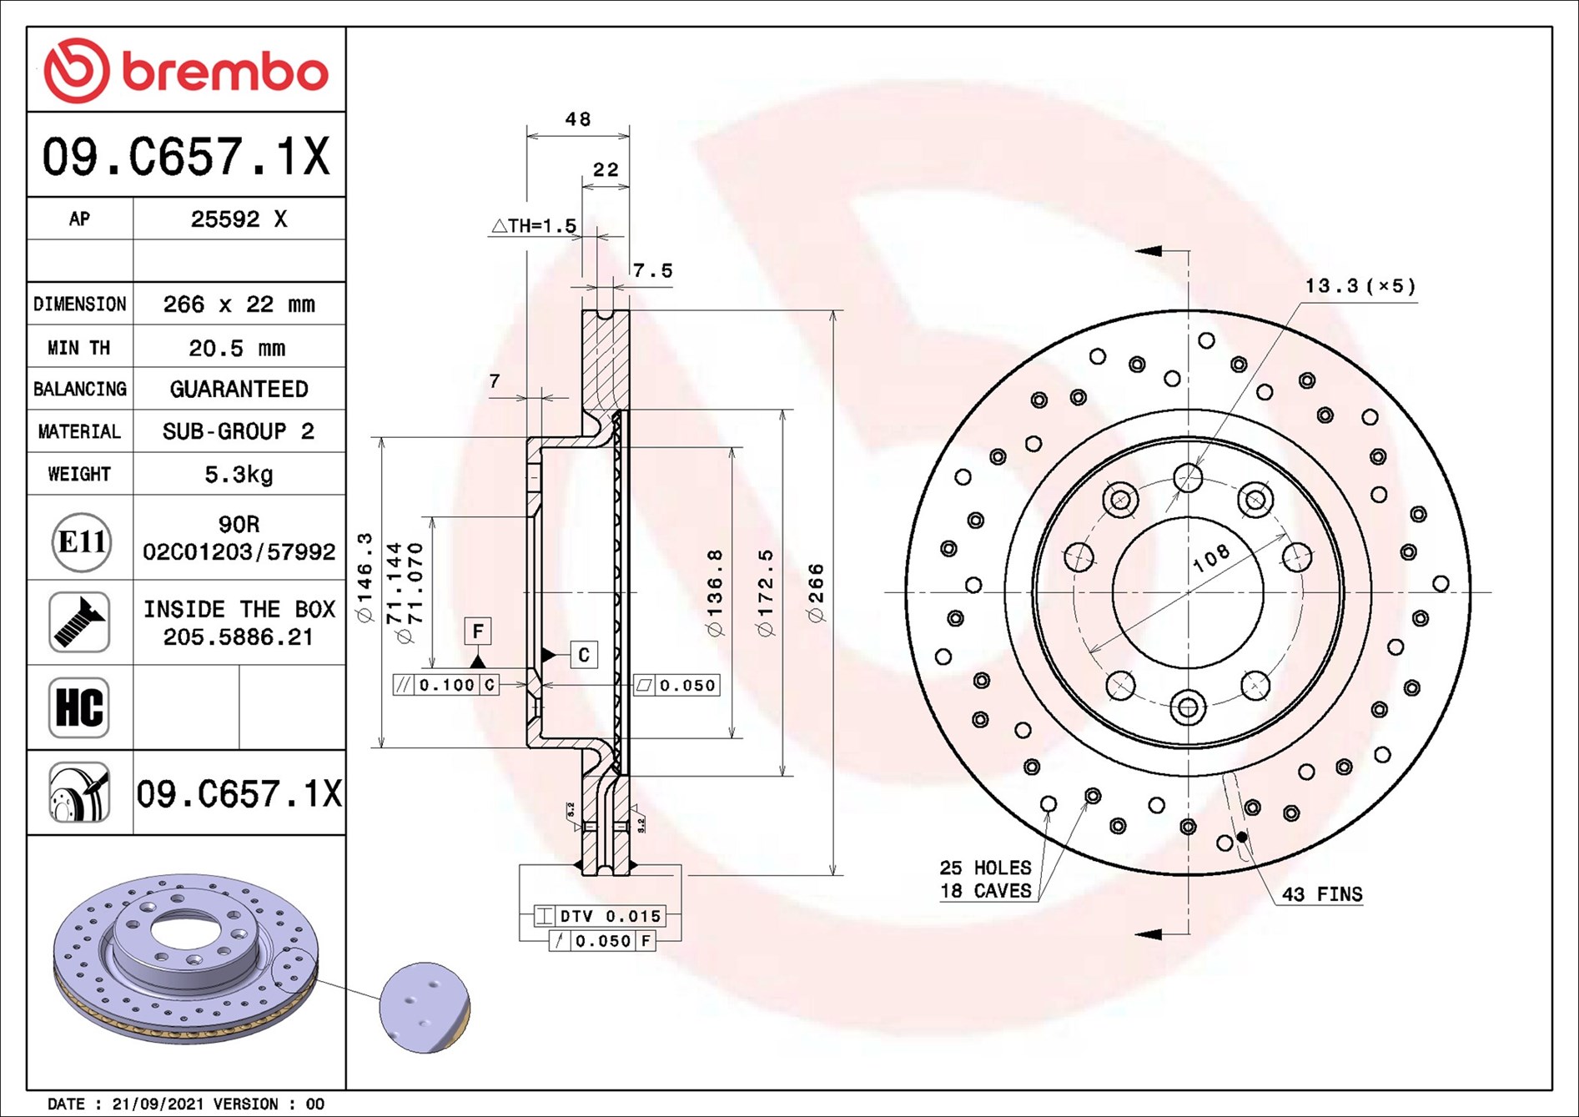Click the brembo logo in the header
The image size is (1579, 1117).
point(186,70)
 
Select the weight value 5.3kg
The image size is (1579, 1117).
point(239,475)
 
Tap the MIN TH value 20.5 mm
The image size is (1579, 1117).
point(237,348)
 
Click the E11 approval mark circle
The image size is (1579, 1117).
point(81,542)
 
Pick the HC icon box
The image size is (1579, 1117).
point(79,707)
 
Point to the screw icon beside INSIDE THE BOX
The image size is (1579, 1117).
point(79,622)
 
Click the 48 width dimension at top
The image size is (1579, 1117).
point(578,119)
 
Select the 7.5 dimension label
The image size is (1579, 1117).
point(652,270)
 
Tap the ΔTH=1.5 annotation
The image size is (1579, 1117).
point(534,225)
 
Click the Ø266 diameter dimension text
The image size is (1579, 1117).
point(816,593)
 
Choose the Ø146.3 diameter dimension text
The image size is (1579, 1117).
point(365,578)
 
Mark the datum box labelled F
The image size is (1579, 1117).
point(478,631)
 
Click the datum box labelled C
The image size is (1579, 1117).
point(584,655)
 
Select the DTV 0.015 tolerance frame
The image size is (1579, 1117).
point(600,916)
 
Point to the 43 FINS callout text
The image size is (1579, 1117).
point(1322,894)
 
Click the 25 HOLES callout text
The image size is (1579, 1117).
point(985,868)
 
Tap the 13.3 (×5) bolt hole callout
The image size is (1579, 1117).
point(1360,286)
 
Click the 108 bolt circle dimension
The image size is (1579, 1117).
point(1211,558)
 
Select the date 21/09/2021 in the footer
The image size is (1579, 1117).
point(158,1104)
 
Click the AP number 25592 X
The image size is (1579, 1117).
point(239,219)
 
